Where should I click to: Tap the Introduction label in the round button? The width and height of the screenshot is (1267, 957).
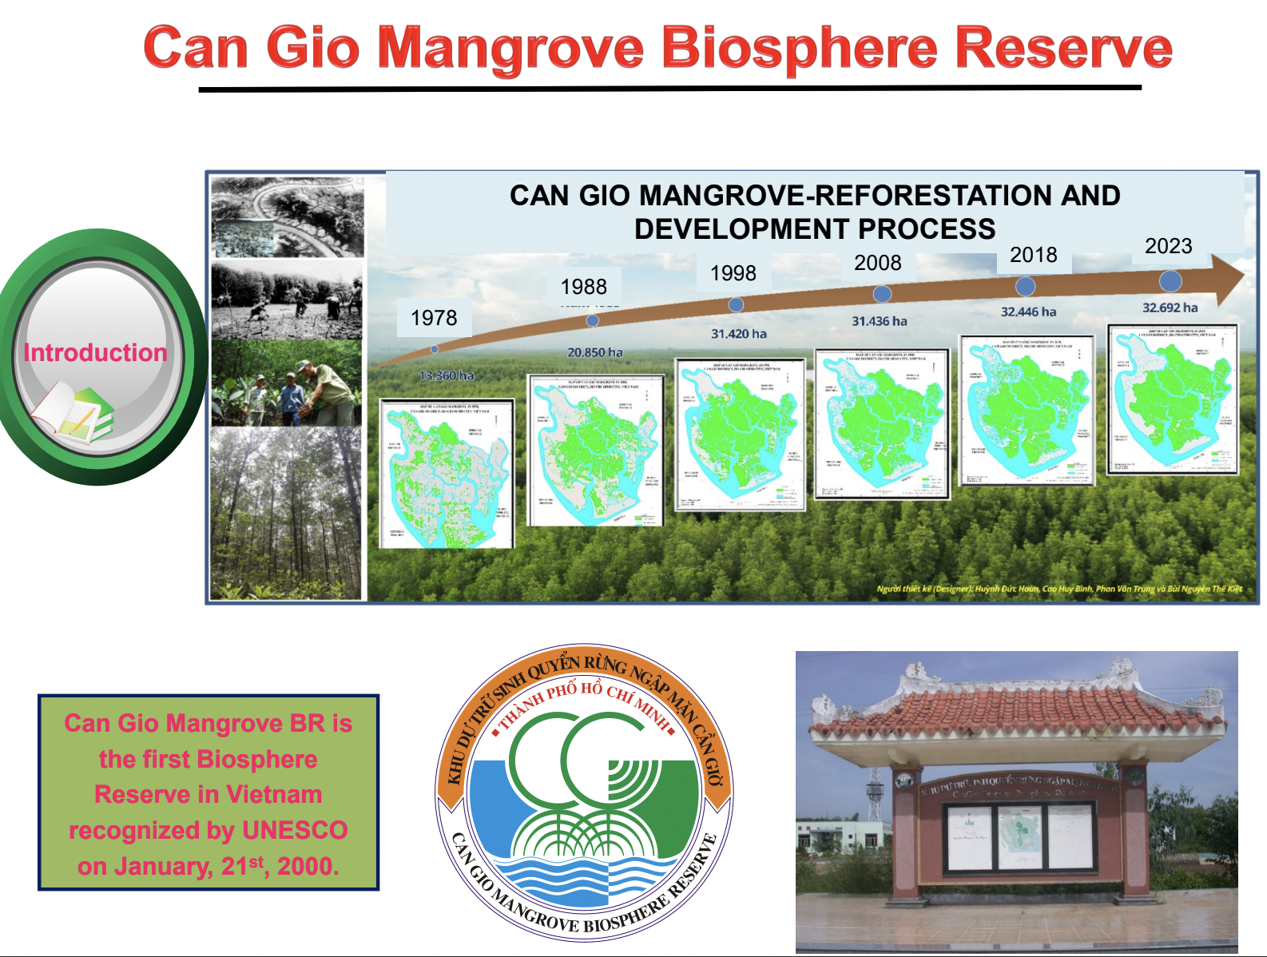[x=95, y=352]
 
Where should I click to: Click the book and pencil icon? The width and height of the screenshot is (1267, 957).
[x=73, y=411]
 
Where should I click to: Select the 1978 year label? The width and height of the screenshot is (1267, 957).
[x=434, y=318]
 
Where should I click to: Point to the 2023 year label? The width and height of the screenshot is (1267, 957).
[x=1168, y=246]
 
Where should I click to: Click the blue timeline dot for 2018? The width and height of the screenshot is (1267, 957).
[x=1025, y=286]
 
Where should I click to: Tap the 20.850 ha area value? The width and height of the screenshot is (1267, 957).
[x=594, y=352]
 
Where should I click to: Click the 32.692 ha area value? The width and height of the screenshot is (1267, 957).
[x=1170, y=308]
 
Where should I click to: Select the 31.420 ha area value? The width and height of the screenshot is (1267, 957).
[x=738, y=334]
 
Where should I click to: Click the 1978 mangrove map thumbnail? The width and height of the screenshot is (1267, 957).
[x=446, y=474]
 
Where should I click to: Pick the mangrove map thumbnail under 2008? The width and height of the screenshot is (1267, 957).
[x=882, y=424]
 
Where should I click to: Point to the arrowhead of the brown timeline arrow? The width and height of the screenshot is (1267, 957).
[x=1227, y=276]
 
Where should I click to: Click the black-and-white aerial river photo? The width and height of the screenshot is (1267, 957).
[x=287, y=216]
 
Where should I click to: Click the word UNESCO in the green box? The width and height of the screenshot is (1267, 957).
[x=295, y=830]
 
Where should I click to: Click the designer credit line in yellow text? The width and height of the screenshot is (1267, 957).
[x=1059, y=589]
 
